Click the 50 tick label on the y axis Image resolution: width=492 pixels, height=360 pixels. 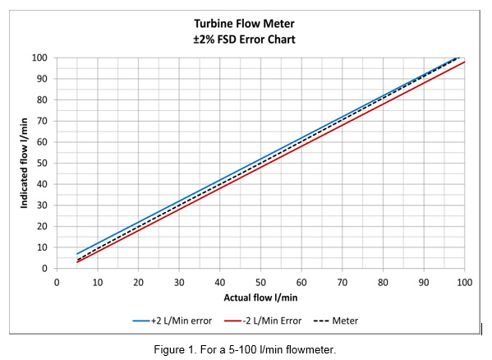41,163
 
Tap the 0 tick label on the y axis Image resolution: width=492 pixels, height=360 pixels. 44,269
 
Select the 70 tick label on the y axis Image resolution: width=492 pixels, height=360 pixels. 41,121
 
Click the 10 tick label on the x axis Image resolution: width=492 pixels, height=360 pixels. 98,282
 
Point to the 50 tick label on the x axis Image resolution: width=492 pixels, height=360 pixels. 260,282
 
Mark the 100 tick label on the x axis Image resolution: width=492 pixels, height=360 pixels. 464,282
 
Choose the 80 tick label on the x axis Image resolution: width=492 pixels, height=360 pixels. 383,282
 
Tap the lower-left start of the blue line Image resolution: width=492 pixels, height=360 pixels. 77,254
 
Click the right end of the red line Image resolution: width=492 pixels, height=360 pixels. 464,62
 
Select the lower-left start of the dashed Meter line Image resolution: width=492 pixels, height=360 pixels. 77,260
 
